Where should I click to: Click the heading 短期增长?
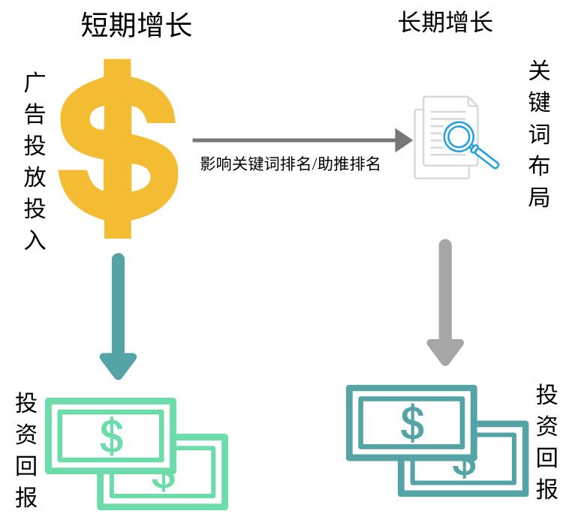[x=137, y=26]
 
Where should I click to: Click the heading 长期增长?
[x=445, y=23]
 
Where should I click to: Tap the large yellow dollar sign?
[x=119, y=147]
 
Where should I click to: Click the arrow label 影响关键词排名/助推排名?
[x=291, y=164]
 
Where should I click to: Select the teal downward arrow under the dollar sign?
[x=118, y=315]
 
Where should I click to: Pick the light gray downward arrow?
[x=445, y=300]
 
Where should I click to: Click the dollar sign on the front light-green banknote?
[x=111, y=436]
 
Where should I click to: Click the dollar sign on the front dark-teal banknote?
[x=411, y=422]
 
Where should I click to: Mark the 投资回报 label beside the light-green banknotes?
[x=27, y=449]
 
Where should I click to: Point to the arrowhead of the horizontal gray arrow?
[x=404, y=140]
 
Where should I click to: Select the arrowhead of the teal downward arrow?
[x=118, y=365]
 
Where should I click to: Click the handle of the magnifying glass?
[x=486, y=157]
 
